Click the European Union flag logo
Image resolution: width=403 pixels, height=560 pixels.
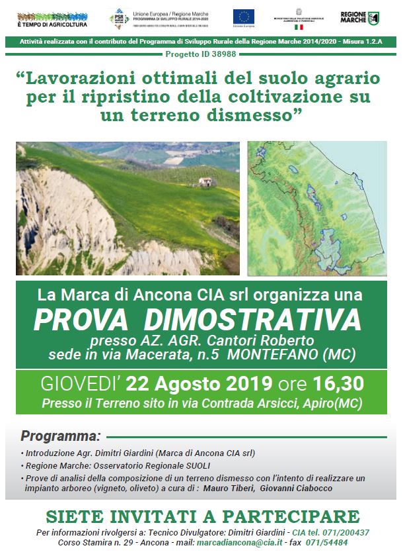tap(242, 18)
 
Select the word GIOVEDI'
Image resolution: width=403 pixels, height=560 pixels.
tap(81, 384)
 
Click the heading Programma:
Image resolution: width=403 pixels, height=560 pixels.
tap(60, 437)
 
